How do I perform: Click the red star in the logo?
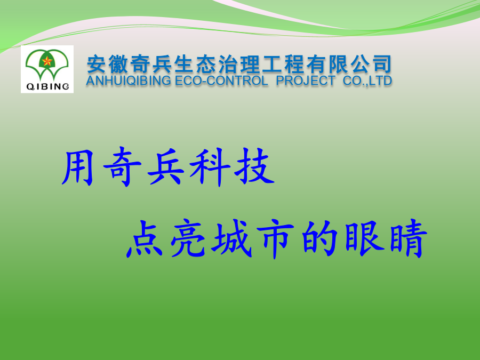coord(47,61)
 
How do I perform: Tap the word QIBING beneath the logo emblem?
coord(48,86)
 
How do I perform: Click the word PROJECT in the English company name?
coord(306,81)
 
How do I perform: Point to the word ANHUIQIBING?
coord(129,81)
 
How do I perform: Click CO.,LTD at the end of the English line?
coord(367,81)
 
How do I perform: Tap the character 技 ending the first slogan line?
coord(254,166)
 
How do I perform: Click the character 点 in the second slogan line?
coord(144,239)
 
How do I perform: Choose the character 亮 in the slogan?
coord(188,238)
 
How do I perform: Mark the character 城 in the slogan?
coord(231,238)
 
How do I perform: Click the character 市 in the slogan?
coord(276,239)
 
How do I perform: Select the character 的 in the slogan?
coord(319,238)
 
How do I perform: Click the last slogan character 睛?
coord(409,238)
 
